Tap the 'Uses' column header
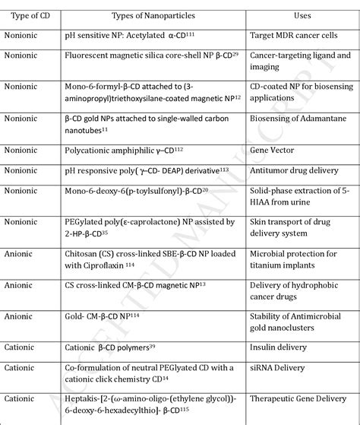tap(302, 14)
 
